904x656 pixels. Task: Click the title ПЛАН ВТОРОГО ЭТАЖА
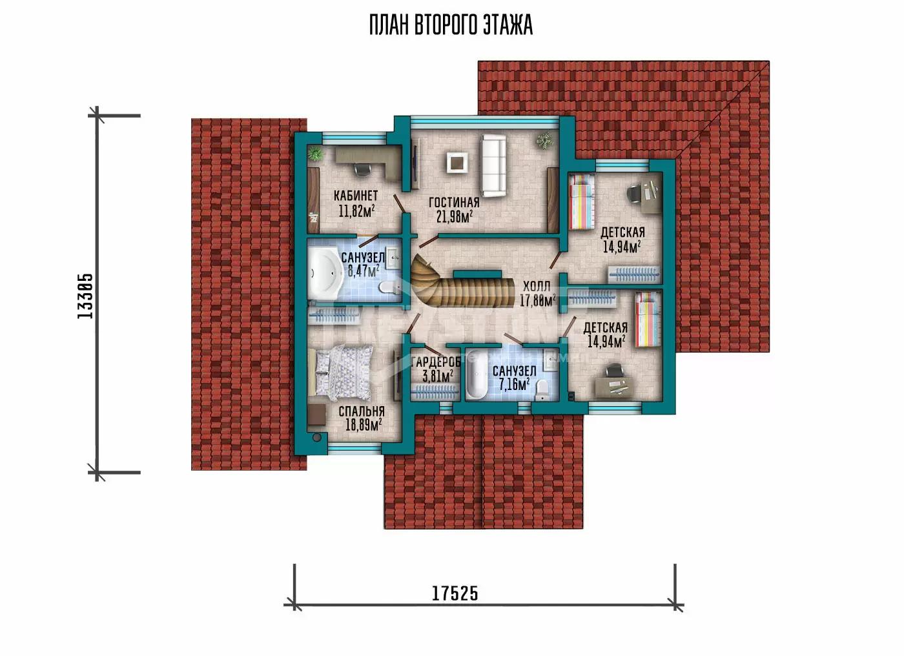pyautogui.click(x=451, y=25)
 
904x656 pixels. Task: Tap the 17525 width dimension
pyautogui.click(x=455, y=593)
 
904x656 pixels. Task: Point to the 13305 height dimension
pyautogui.click(x=85, y=296)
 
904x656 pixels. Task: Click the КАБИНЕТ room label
pyautogui.click(x=356, y=196)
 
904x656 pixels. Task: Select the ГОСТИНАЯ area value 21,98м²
pyautogui.click(x=455, y=217)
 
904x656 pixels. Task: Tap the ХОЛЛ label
pyautogui.click(x=537, y=287)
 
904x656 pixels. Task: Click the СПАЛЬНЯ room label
pyautogui.click(x=361, y=411)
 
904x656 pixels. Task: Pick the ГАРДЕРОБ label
pyautogui.click(x=435, y=362)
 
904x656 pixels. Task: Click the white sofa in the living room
pyautogui.click(x=493, y=166)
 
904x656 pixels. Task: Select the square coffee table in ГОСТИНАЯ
pyautogui.click(x=457, y=163)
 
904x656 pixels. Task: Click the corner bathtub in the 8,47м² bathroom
pyautogui.click(x=325, y=274)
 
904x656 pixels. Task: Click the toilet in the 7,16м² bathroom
pyautogui.click(x=542, y=390)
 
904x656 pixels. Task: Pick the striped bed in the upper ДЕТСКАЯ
pyautogui.click(x=582, y=201)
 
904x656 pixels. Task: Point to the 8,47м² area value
pyautogui.click(x=363, y=271)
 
